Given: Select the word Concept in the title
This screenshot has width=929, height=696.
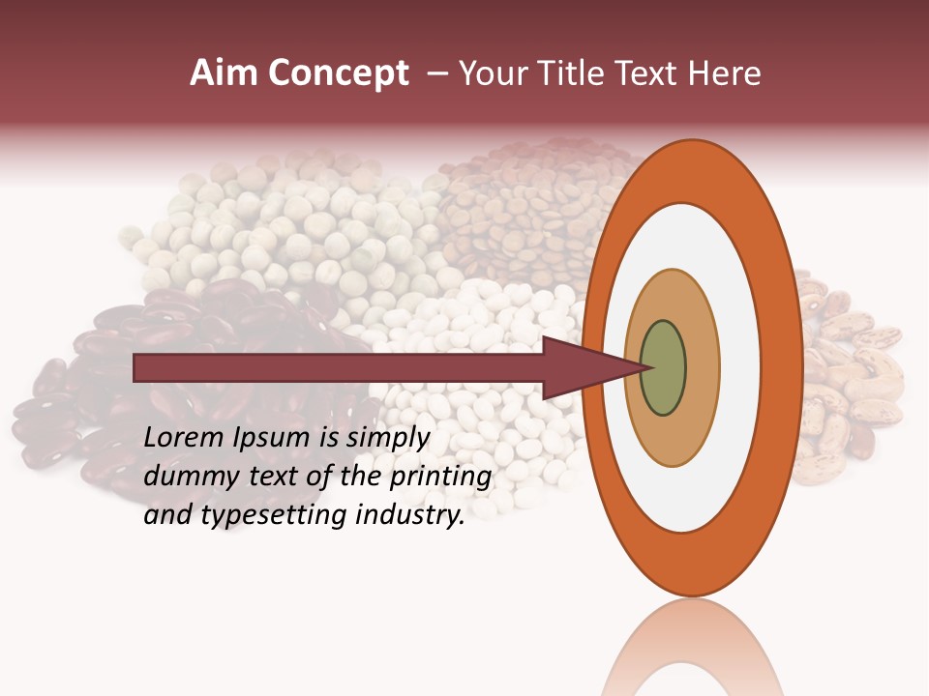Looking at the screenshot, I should [339, 73].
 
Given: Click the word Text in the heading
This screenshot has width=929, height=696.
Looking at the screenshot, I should [649, 73].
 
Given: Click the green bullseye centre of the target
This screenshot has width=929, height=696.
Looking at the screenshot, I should [663, 367].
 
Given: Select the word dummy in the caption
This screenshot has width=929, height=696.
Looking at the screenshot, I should [185, 477].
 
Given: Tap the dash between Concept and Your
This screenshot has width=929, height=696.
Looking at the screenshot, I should [437, 73].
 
